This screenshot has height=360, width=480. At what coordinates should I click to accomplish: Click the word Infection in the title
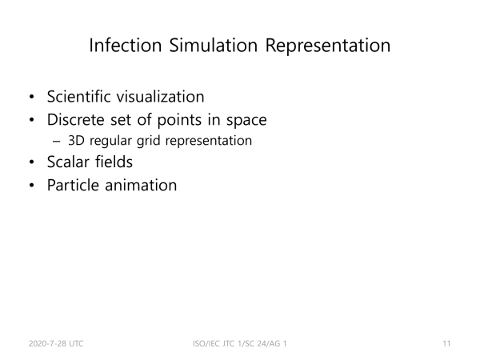pos(126,46)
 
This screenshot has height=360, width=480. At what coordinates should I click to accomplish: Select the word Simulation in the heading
pos(214,46)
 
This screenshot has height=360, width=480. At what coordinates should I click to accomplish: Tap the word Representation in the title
pos(328,46)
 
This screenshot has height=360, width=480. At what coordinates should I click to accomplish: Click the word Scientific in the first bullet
pos(78,97)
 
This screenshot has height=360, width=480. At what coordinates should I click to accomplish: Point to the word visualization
pos(161,97)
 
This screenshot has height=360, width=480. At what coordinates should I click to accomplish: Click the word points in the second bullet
pos(179,120)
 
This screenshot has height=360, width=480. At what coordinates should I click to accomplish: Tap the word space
pos(246,121)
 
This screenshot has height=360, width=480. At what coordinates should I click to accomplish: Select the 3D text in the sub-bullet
pos(76,141)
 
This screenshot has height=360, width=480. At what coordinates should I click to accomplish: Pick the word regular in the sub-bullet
pos(111,141)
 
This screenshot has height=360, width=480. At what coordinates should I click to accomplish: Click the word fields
pos(114,162)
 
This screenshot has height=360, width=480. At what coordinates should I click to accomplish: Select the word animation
pos(141,186)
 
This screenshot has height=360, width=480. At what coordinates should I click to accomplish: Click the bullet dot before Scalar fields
pos(32,162)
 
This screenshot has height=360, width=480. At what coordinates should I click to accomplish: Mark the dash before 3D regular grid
pos(57,142)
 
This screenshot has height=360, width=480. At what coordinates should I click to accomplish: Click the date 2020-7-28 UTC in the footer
pos(56,344)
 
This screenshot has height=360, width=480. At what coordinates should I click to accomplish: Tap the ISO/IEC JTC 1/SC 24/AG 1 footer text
pos(240,344)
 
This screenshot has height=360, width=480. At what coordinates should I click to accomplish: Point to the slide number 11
pos(446,344)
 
